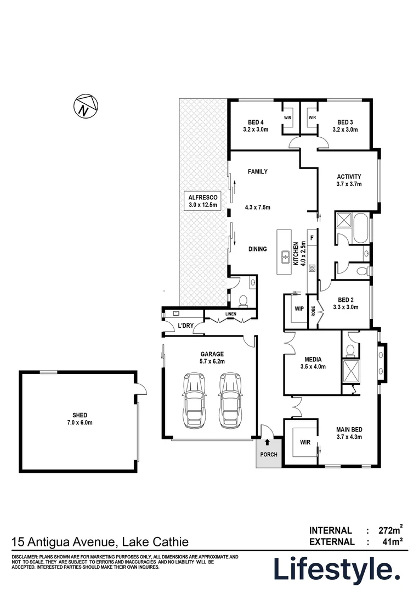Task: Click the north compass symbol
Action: click(x=84, y=107)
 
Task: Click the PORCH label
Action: click(x=269, y=455)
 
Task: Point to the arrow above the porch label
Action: click(x=268, y=442)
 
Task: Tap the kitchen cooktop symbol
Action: click(x=312, y=268)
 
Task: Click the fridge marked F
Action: click(x=312, y=238)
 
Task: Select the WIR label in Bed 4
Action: click(x=288, y=118)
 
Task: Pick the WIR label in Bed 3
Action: click(x=312, y=118)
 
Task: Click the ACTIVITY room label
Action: click(x=348, y=176)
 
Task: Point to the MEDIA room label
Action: click(x=310, y=359)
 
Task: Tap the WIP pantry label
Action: click(x=299, y=309)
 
